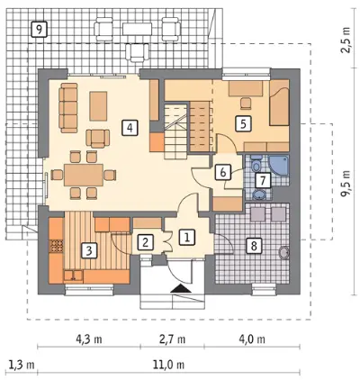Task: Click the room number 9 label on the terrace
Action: pos(40,29)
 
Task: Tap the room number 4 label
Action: pos(130,128)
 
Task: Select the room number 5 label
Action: pos(243,123)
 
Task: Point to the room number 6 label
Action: pos(223,172)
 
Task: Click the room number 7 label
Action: pos(263,181)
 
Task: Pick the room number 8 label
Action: pos(254,246)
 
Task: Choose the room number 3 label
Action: pos(88,250)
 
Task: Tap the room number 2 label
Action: pos(145,242)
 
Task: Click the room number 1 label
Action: pos(187,238)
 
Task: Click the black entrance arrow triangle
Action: pos(180,288)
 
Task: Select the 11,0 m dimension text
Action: pos(168,365)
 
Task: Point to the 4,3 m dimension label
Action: pos(89,339)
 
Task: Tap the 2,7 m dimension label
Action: pos(172,339)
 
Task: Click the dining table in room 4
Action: pos(84,175)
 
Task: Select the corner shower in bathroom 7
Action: pos(279,167)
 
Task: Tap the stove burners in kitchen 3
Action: pos(57,246)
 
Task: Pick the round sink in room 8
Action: pos(283,253)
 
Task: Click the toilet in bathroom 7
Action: pos(256,164)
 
